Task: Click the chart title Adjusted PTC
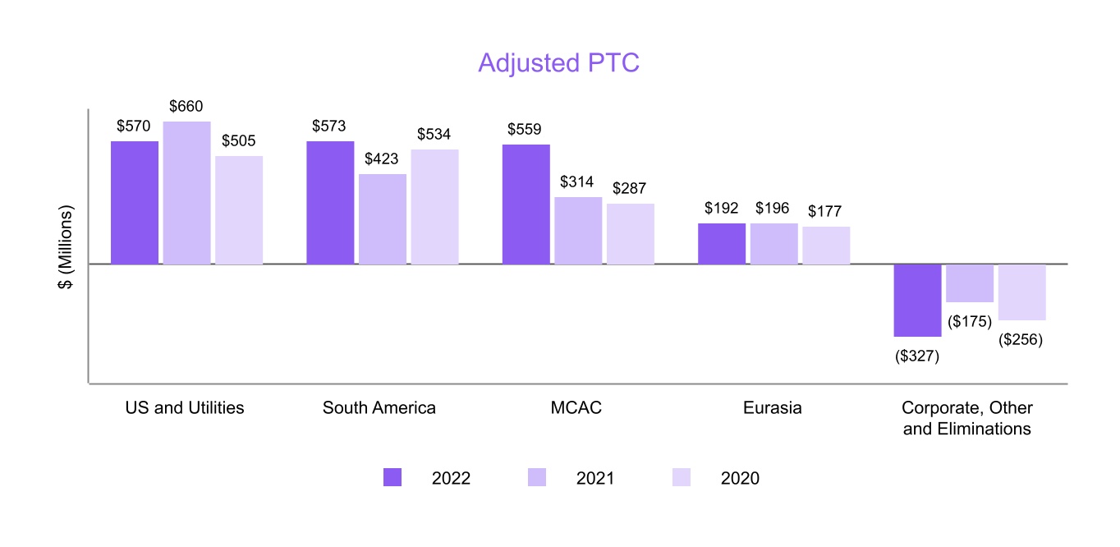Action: tap(558, 63)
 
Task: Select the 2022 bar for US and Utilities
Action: tap(135, 202)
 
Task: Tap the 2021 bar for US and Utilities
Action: tap(186, 193)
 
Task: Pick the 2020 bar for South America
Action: tap(434, 206)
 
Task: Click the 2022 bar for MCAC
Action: tap(526, 204)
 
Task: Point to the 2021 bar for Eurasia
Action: tap(773, 243)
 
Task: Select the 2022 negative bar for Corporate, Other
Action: tap(917, 300)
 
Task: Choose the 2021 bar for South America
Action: tap(383, 218)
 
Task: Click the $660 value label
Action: tap(186, 107)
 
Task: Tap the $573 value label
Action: tap(329, 126)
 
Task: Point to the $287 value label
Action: tap(630, 188)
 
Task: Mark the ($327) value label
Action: tap(917, 356)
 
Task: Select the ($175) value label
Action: tap(971, 322)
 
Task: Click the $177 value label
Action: tap(825, 212)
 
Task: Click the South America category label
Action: tap(379, 408)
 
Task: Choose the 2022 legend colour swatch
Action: tap(392, 478)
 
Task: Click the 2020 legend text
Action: tap(740, 478)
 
